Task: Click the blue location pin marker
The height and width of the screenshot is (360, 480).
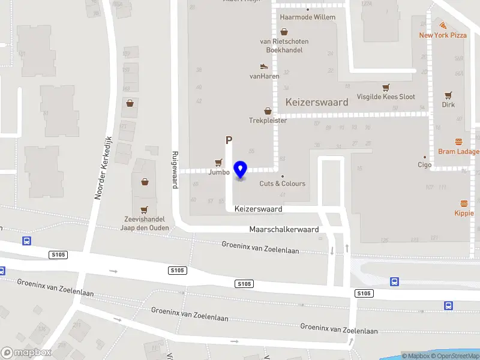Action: pyautogui.click(x=241, y=170)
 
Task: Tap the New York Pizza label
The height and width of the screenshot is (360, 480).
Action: pyautogui.click(x=442, y=35)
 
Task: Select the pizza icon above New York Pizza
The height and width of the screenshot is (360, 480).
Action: pyautogui.click(x=443, y=25)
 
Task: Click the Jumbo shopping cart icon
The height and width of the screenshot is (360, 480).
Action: pyautogui.click(x=218, y=163)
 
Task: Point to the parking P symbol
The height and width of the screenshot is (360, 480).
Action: pyautogui.click(x=228, y=140)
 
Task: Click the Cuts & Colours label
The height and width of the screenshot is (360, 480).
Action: pyautogui.click(x=282, y=184)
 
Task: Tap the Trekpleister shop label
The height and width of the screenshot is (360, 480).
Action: pyautogui.click(x=268, y=121)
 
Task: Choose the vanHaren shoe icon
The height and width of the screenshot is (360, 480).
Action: pyautogui.click(x=264, y=66)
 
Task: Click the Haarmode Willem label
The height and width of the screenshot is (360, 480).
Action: pyautogui.click(x=308, y=17)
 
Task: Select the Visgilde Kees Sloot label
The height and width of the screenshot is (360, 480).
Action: pyautogui.click(x=386, y=97)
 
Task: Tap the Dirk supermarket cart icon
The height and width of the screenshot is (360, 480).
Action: pyautogui.click(x=448, y=95)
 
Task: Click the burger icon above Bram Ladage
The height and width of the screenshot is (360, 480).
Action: pyautogui.click(x=459, y=142)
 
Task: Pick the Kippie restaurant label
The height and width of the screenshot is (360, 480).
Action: pyautogui.click(x=464, y=213)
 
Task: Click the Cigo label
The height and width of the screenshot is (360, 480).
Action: pyautogui.click(x=425, y=164)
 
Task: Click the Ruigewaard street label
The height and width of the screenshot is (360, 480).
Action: pyautogui.click(x=175, y=169)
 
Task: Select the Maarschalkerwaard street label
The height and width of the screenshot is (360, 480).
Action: pyautogui.click(x=283, y=230)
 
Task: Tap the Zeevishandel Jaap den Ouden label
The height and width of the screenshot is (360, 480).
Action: pyautogui.click(x=144, y=224)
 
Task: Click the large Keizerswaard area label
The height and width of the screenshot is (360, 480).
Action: pyautogui.click(x=317, y=102)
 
